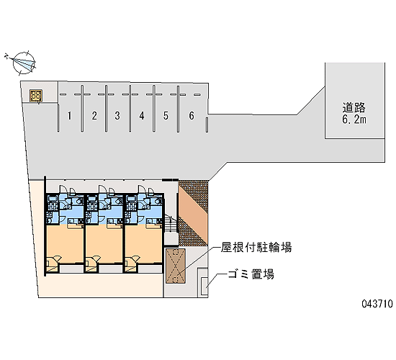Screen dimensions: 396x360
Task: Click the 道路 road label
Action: (x=354, y=107)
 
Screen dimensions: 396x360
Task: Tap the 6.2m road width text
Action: (x=354, y=120)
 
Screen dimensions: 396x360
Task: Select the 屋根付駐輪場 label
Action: (x=256, y=247)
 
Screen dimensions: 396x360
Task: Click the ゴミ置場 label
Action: (x=251, y=274)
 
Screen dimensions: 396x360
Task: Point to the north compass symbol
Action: (x=22, y=63)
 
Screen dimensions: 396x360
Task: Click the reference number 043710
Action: (x=377, y=303)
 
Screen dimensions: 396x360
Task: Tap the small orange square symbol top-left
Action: (x=36, y=96)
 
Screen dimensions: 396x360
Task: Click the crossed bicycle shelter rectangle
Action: (x=176, y=266)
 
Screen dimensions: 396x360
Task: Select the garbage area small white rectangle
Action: (x=204, y=286)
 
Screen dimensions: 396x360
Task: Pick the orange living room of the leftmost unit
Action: (x=65, y=244)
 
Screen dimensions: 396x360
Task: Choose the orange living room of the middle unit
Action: (x=104, y=244)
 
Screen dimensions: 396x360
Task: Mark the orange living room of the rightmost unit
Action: (x=143, y=244)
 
